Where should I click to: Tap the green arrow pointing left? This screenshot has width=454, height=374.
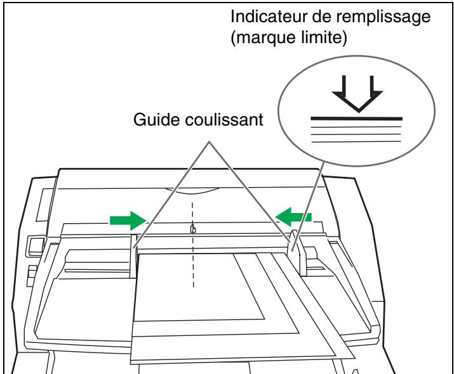pyautogui.click(x=295, y=217)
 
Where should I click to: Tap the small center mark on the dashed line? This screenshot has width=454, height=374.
pyautogui.click(x=193, y=229)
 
